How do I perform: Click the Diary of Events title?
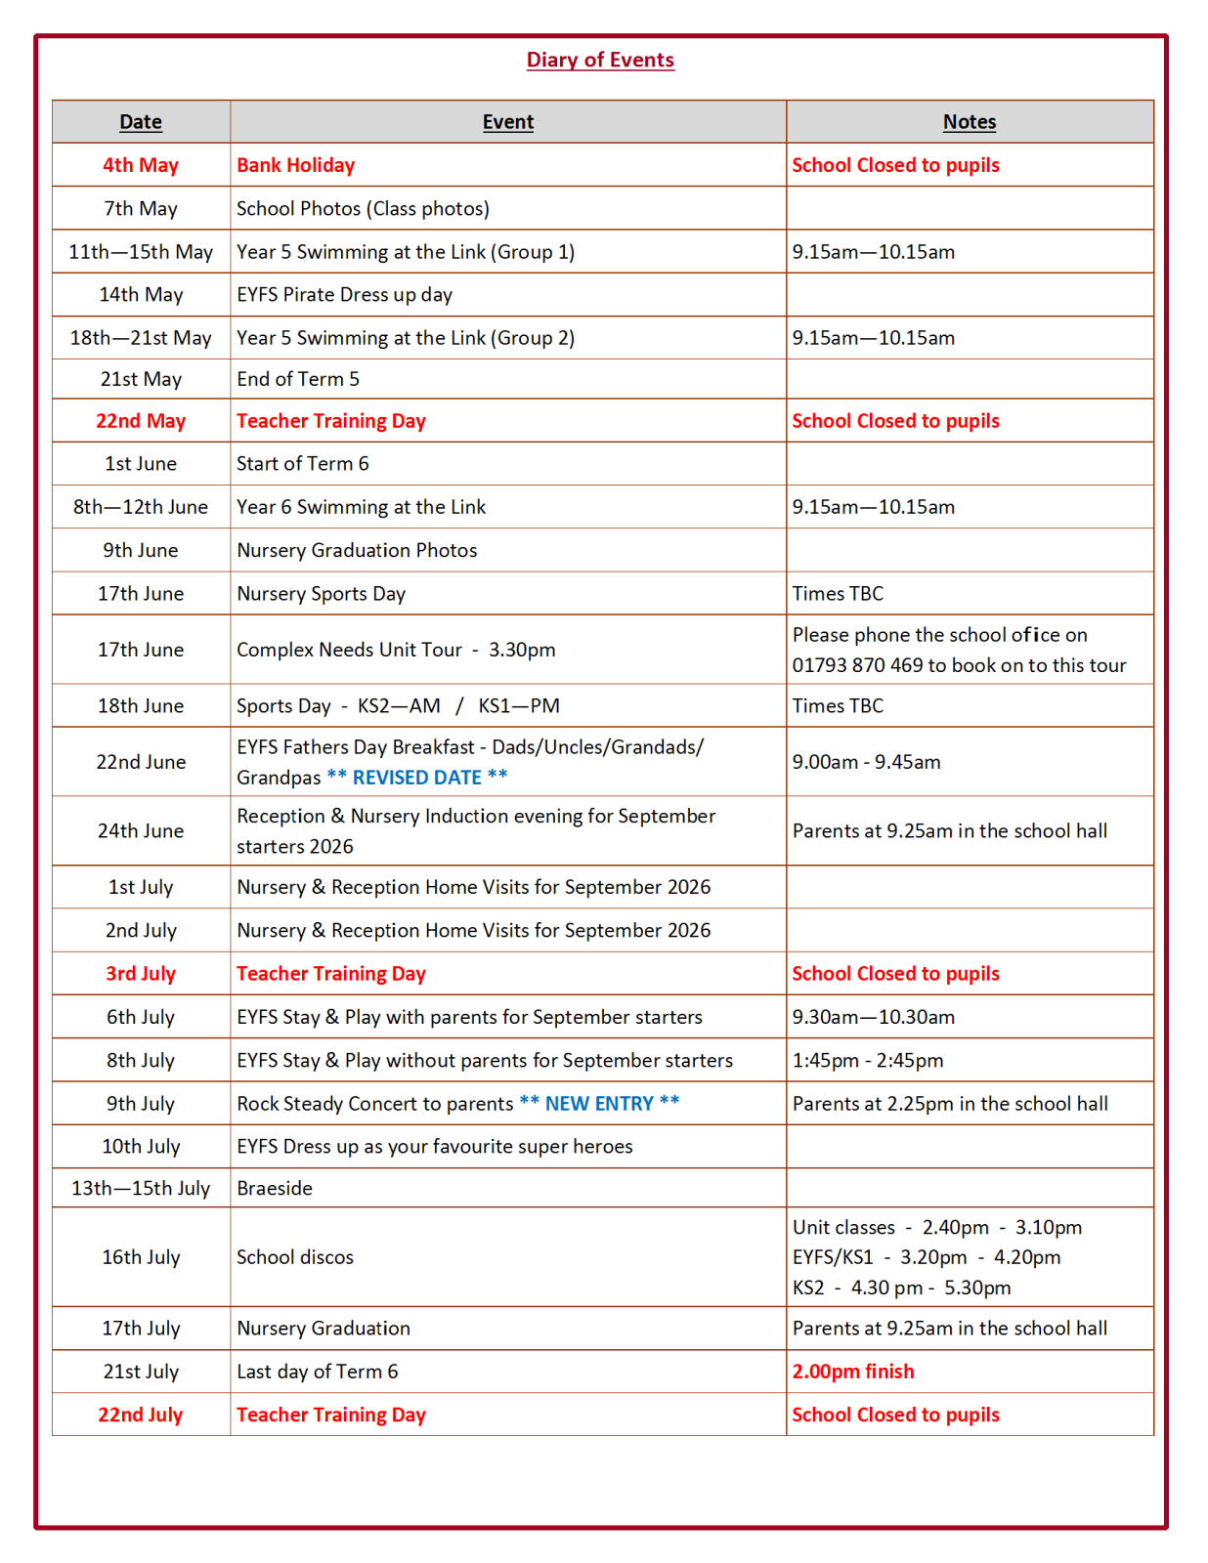600,60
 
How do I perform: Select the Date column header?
141,122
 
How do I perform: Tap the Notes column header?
969,122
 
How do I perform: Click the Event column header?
507,122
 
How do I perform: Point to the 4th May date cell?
141,165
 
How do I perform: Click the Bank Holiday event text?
295,165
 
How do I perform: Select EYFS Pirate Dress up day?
344,294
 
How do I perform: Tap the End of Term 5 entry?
297,379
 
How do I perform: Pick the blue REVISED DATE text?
417,778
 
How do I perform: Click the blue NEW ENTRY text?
599,1103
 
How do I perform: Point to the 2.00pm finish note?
852,1372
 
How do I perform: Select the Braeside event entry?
275,1188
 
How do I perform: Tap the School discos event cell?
295,1257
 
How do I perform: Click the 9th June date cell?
141,550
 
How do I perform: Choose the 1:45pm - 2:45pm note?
867,1060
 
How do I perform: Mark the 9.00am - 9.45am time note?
866,762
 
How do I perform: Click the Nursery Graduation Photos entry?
357,550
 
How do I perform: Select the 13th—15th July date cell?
141,1188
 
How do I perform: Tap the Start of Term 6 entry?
302,464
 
